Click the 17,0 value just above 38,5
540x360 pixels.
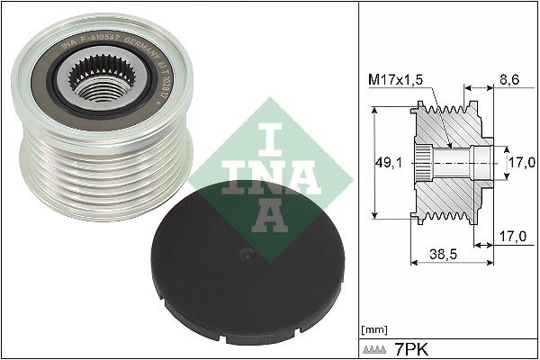point(510,237)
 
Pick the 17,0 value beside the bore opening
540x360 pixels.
point(521,163)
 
